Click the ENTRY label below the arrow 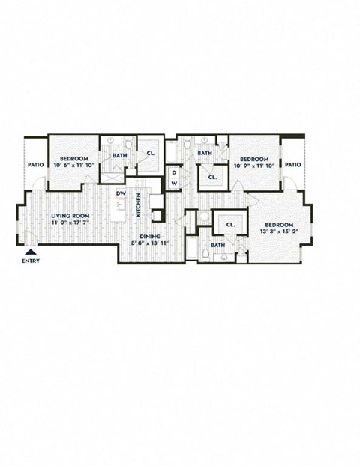click(31, 261)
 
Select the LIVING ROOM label click(66, 216)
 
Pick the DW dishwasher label click(120, 193)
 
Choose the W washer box click(173, 184)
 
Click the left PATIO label click(35, 165)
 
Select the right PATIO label click(292, 165)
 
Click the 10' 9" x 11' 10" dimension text click(254, 166)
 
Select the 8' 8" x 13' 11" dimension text click(150, 243)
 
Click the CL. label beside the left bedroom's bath click(151, 154)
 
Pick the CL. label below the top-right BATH click(212, 178)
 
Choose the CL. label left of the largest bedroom click(230, 223)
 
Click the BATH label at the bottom click(217, 245)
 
